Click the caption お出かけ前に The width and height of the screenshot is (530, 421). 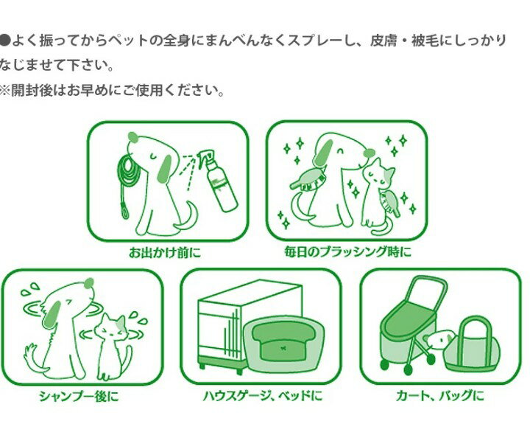[x=165, y=252]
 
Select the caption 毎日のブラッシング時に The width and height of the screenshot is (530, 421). [x=347, y=251]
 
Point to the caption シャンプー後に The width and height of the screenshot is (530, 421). [x=79, y=396]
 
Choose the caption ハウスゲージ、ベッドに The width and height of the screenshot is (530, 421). [x=263, y=396]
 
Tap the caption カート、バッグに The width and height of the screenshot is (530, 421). [x=439, y=396]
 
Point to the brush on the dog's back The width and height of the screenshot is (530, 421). [x=308, y=179]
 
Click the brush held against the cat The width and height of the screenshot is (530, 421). [x=389, y=202]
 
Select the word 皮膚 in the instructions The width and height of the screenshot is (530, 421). [x=384, y=41]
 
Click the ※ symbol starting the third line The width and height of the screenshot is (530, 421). [x=4, y=91]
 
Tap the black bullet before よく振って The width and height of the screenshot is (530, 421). [x=4, y=41]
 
